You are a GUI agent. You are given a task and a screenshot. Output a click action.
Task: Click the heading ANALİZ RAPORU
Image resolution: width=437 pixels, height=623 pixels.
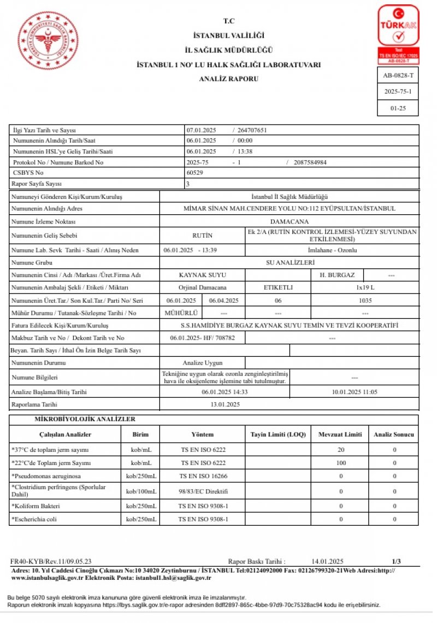(229, 79)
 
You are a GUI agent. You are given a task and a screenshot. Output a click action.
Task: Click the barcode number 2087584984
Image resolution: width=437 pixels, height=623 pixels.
(310, 162)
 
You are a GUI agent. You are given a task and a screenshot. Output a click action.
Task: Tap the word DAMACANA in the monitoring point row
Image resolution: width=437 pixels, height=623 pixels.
(289, 221)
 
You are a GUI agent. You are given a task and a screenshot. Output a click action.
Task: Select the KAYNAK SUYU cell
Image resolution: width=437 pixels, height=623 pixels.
(203, 275)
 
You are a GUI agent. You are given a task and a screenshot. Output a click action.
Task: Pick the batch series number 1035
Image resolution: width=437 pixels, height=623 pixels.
(365, 301)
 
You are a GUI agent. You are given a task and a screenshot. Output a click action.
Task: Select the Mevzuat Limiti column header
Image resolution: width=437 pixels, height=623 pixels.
(340, 434)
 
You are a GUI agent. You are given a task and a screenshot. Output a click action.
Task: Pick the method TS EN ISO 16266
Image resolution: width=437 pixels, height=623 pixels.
(203, 476)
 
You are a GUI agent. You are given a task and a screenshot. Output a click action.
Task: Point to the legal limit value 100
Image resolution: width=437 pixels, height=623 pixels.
(340, 463)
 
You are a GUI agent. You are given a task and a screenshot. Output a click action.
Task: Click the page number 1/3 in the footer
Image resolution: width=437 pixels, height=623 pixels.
(397, 561)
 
